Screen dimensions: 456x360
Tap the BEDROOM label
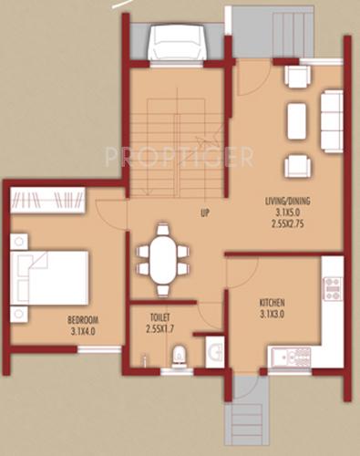[x=82, y=319]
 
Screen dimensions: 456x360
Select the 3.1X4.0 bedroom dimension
[x=82, y=331]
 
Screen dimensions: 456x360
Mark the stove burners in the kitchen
[x=332, y=289]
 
